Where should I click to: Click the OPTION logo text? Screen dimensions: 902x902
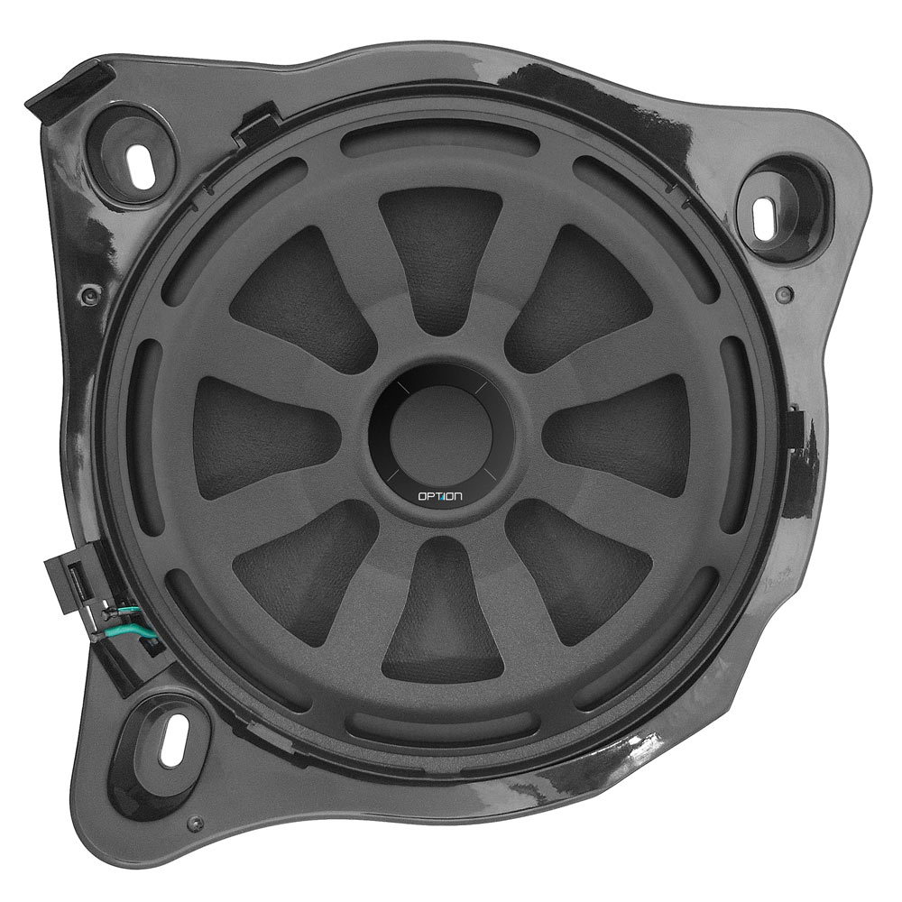(439, 495)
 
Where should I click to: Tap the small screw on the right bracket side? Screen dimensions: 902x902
(784, 296)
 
